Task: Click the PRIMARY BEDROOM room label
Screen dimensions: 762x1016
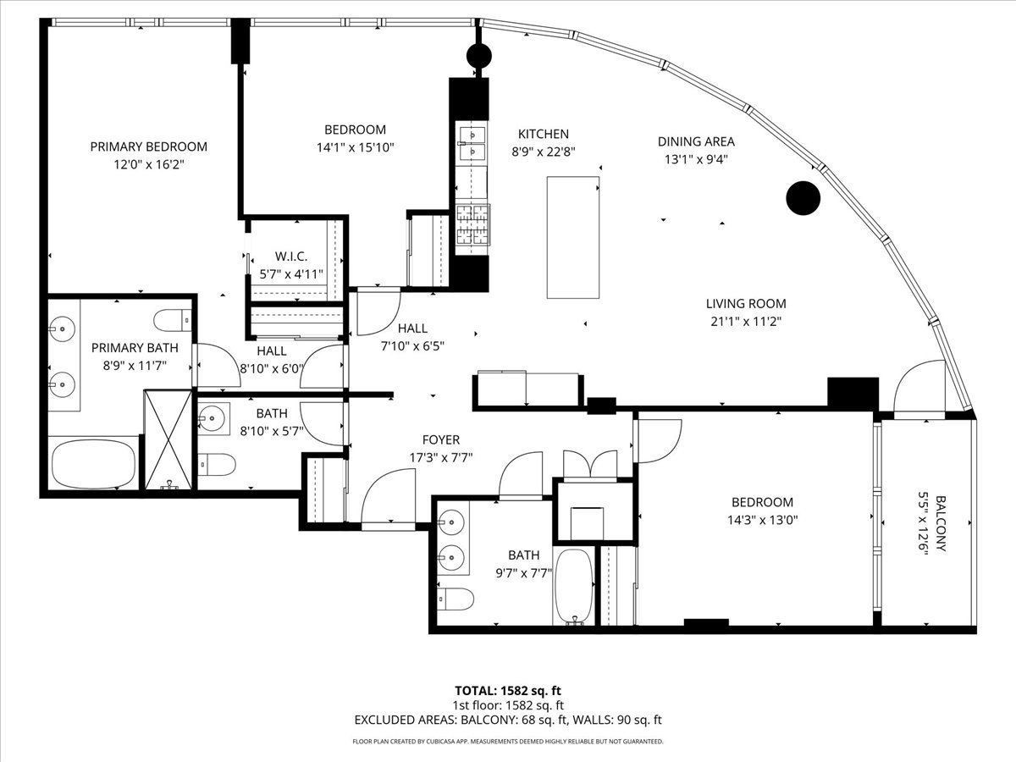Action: pyautogui.click(x=148, y=146)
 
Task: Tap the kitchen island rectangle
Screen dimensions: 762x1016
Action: pyautogui.click(x=572, y=237)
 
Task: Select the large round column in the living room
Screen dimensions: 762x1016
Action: pyautogui.click(x=803, y=198)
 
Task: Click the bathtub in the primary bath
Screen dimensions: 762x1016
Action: pyautogui.click(x=93, y=464)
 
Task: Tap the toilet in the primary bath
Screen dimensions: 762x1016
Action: pyautogui.click(x=174, y=321)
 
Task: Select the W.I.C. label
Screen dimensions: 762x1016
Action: pyautogui.click(x=290, y=256)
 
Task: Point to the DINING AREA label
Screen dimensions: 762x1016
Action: pyautogui.click(x=696, y=141)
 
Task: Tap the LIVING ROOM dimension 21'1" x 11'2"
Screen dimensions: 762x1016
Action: pyautogui.click(x=746, y=321)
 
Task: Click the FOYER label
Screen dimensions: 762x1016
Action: pyautogui.click(x=441, y=439)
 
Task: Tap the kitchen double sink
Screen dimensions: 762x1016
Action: pyautogui.click(x=471, y=141)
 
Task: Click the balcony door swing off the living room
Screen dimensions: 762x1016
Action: pyautogui.click(x=919, y=389)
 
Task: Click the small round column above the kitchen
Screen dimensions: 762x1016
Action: pyautogui.click(x=479, y=56)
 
